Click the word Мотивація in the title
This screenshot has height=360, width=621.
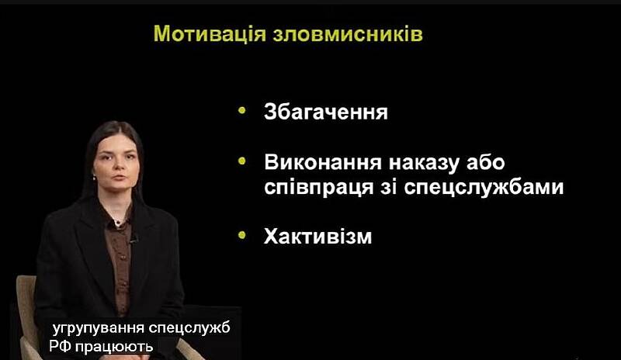click(210, 33)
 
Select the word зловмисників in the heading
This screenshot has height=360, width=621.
click(348, 33)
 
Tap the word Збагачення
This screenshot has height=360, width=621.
click(326, 112)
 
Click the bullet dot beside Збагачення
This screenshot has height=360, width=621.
click(242, 110)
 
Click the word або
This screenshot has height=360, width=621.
click(486, 162)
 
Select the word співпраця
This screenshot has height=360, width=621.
click(319, 187)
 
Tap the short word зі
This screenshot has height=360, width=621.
click(389, 186)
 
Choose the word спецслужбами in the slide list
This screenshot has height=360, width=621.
click(484, 187)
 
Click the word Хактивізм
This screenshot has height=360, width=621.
click(318, 237)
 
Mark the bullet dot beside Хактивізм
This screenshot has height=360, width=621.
click(242, 235)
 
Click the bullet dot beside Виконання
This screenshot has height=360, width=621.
click(242, 161)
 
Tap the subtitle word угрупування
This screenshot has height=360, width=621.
click(99, 329)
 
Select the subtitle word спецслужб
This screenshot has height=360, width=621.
click(189, 329)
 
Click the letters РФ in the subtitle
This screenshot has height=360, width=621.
click(60, 347)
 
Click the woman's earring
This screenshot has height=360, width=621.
click(95, 177)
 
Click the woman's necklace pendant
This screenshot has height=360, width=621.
click(117, 222)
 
